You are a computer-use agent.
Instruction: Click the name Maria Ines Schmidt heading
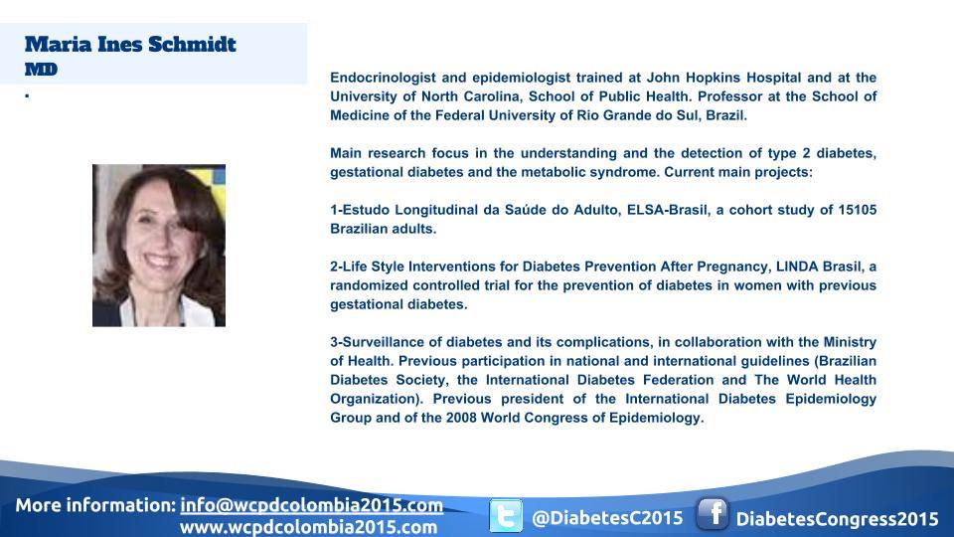coord(130,45)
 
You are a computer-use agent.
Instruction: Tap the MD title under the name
coord(41,70)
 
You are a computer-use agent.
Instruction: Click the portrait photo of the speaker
coord(159,246)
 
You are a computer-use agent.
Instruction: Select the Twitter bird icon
coord(506,516)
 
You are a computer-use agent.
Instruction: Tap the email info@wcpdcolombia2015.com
coord(311,505)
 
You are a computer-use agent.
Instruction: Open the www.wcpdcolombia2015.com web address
coord(308,527)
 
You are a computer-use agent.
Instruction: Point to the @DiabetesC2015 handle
coord(607,518)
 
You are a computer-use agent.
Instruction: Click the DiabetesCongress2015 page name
coord(837,519)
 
